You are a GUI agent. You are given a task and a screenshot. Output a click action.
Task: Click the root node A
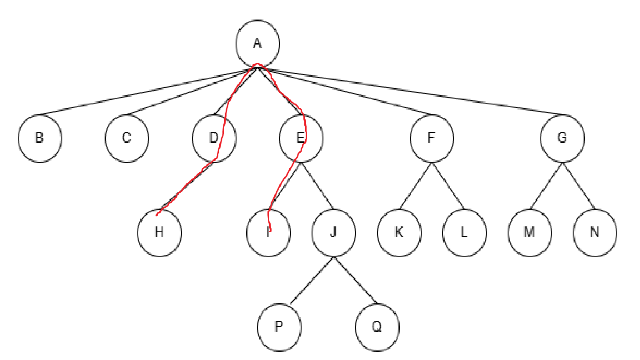tap(257, 43)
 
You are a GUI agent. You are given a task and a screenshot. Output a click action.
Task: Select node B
tap(40, 138)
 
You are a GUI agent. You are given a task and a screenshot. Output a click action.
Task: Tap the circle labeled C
tap(127, 138)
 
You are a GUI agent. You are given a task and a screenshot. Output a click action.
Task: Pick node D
tap(214, 138)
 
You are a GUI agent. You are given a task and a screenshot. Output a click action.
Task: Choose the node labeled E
tap(301, 138)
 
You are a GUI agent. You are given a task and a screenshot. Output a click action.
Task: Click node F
tap(431, 138)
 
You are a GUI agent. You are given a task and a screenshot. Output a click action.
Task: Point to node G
tap(562, 138)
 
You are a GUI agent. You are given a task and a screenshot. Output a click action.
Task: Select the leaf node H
tap(159, 233)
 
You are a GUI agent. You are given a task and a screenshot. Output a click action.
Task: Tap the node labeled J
tap(333, 233)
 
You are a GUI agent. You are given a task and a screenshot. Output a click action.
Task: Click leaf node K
tap(399, 233)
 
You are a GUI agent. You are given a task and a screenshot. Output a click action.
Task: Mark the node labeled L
tap(464, 233)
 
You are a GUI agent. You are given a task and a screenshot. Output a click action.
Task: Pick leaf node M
tap(529, 233)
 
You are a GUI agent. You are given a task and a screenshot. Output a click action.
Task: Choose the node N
tap(595, 233)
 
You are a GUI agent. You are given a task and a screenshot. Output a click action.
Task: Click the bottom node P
tap(279, 327)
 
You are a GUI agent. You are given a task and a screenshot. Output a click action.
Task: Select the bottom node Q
tap(377, 327)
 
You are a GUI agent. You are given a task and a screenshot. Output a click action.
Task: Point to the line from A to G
tap(409, 90)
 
